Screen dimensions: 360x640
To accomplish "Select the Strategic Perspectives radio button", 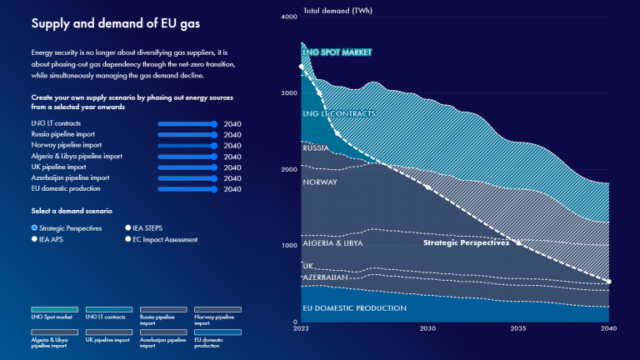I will click(x=34, y=227).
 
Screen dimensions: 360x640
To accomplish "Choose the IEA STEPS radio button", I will click(x=127, y=227).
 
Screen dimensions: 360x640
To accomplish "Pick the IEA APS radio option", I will click(x=34, y=239).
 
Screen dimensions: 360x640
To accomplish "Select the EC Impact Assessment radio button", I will click(x=127, y=239).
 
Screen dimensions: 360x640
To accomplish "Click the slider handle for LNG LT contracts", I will click(x=215, y=124).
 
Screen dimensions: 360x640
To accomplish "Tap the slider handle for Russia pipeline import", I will click(x=215, y=135).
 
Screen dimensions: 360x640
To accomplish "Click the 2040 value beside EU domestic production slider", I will click(x=232, y=189).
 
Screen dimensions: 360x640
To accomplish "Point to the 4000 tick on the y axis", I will click(x=289, y=17).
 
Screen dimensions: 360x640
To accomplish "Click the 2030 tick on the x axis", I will click(x=427, y=329).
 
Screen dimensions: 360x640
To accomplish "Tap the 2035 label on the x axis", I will click(x=517, y=329).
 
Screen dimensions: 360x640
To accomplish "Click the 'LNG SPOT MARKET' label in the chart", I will click(x=337, y=52).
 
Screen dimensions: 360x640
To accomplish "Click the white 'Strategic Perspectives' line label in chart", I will click(x=466, y=243).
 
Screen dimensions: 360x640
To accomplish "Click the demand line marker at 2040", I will click(x=608, y=282).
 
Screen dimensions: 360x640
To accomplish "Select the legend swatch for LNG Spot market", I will click(x=54, y=309).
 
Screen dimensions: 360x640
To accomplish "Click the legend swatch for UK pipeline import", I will click(x=108, y=332).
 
